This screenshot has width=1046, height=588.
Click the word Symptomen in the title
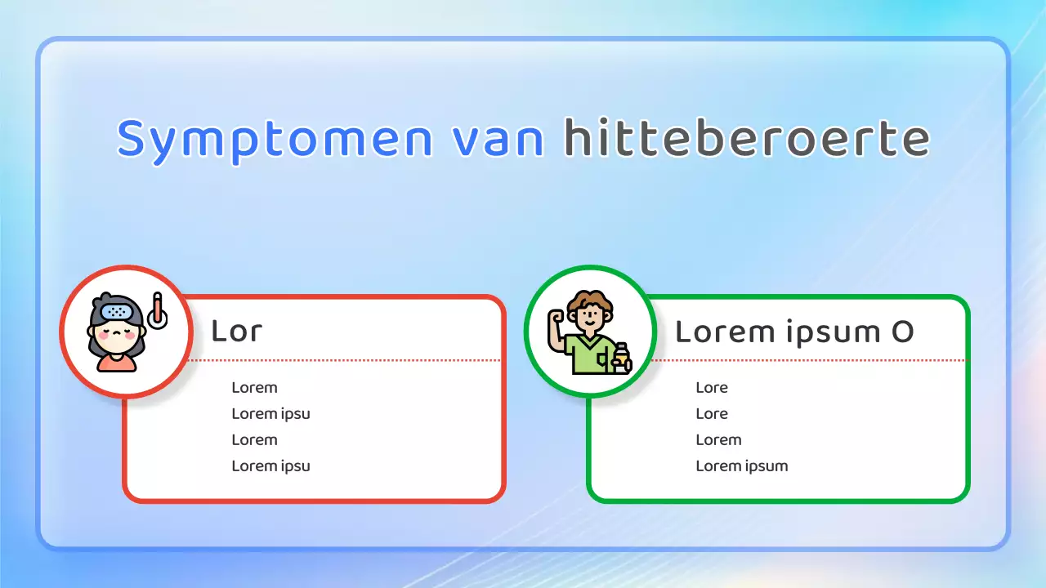(275, 140)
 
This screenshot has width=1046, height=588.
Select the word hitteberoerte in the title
(746, 140)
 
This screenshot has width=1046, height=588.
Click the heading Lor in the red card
(236, 331)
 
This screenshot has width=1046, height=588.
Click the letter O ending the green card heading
(901, 332)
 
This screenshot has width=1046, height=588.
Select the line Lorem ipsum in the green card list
(741, 466)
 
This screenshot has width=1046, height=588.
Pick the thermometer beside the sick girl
(157, 311)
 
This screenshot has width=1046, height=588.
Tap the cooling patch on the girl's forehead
(117, 312)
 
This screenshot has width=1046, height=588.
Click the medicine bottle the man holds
(622, 358)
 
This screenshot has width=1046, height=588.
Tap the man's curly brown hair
(591, 301)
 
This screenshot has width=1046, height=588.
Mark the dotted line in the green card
(809, 359)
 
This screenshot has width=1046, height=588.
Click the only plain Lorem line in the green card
(718, 440)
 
